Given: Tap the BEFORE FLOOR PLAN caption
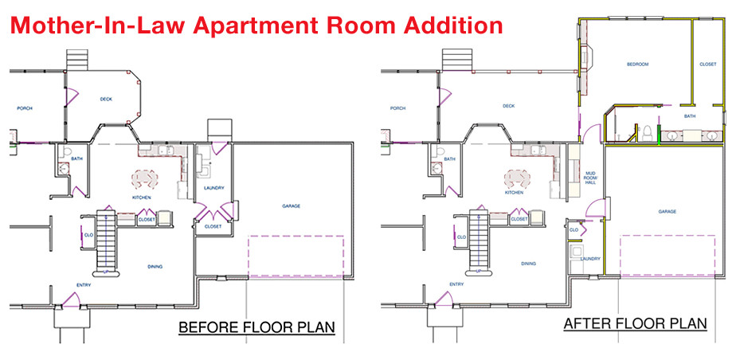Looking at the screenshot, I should (256, 327).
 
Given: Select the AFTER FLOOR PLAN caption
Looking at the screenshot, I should (635, 323).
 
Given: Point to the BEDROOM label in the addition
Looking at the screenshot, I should (637, 65).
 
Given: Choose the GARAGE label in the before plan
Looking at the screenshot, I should (291, 205).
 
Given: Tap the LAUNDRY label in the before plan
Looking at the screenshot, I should (213, 189).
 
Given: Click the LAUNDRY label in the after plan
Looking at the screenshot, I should (589, 258).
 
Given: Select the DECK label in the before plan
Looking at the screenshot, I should (106, 100).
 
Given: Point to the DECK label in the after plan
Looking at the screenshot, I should (508, 106).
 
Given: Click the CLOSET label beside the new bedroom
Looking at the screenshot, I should (707, 65).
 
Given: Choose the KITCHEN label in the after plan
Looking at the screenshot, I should (514, 192).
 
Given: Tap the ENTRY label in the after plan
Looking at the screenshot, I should (456, 284).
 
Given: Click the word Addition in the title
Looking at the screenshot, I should (441, 25).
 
